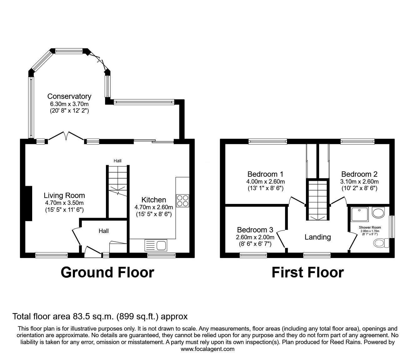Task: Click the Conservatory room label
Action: coord(69,96)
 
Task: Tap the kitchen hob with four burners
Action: coord(182,200)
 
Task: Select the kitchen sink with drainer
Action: coord(156,245)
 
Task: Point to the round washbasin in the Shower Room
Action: coord(378,212)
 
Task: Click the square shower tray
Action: coord(360,215)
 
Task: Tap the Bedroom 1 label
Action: coord(265,174)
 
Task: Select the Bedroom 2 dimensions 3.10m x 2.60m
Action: coord(359,182)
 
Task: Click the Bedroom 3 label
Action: coord(255,230)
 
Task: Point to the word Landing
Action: coord(317,237)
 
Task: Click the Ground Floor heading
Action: coord(107,273)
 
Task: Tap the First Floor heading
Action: coord(307,273)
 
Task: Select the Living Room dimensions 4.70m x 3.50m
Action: coord(64,203)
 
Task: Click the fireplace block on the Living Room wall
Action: coord(28,203)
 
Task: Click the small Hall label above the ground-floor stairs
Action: coord(117,161)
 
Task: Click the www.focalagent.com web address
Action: coord(207,349)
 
